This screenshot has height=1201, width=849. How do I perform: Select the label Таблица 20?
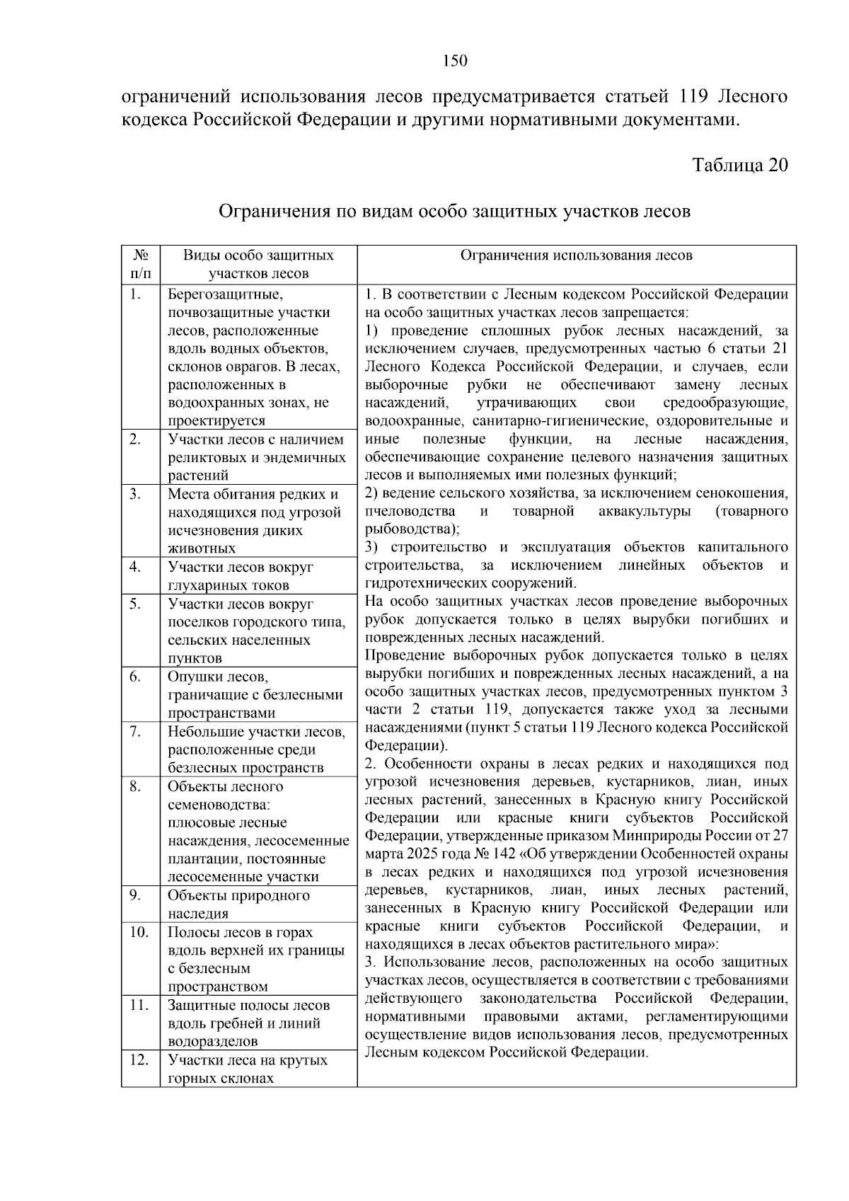(x=739, y=165)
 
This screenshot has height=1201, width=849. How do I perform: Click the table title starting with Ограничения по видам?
(x=454, y=211)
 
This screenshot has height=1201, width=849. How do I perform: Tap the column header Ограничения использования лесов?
(x=576, y=255)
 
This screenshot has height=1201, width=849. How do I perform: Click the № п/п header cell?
(x=140, y=264)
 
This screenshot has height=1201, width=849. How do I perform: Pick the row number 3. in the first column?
(x=135, y=494)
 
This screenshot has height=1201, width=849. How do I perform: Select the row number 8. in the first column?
(x=135, y=786)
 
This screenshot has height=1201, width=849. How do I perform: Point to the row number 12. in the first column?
(x=138, y=1059)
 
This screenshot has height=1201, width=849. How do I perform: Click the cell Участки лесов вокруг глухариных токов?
(x=241, y=576)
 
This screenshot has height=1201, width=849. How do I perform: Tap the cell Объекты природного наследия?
(x=238, y=904)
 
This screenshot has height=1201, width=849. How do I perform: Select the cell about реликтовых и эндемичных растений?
(x=256, y=457)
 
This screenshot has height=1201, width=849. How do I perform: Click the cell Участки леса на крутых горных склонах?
(x=248, y=1069)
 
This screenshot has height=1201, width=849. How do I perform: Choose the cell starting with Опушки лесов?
(x=255, y=694)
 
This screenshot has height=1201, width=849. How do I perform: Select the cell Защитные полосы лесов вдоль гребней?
(x=248, y=1023)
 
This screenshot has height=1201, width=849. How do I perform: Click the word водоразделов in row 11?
(x=212, y=1041)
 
